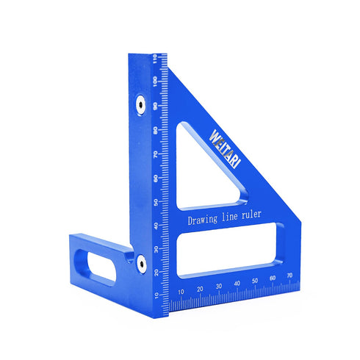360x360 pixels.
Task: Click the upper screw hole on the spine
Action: point(139,106)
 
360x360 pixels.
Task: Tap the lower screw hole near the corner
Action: point(139,260)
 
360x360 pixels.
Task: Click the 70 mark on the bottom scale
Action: point(290,277)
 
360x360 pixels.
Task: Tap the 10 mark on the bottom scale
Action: point(181,291)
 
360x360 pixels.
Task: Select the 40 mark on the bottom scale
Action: point(237,284)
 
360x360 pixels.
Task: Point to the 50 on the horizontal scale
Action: point(255,281)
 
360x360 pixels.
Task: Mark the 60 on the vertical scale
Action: point(156,178)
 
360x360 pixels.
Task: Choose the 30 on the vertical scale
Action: point(156,248)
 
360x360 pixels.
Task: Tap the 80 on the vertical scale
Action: point(156,130)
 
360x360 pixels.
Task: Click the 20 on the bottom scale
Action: point(200,289)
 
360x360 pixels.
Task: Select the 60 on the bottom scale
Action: point(273,279)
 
